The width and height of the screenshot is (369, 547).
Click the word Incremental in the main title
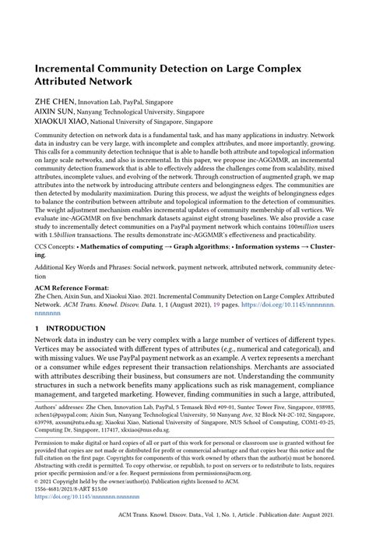point(68,69)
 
